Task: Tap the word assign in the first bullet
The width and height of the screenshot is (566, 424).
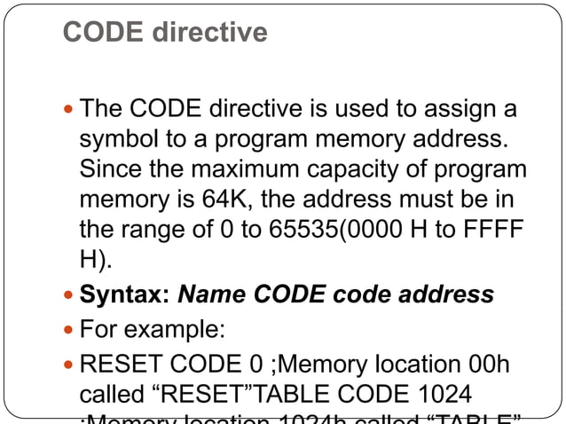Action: click(460, 110)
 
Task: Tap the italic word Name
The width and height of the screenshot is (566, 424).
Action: click(212, 294)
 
